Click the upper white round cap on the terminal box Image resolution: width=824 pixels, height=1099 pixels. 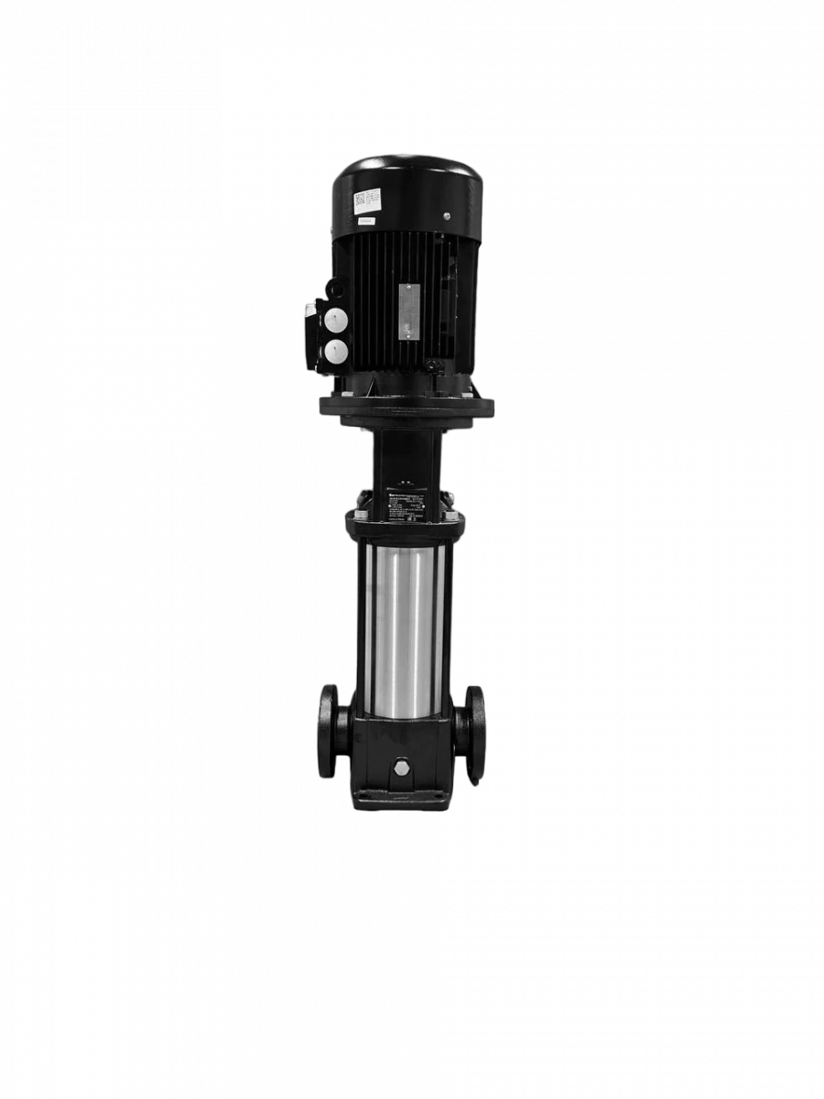point(338,320)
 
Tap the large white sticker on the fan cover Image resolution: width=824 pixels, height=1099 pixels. point(367,199)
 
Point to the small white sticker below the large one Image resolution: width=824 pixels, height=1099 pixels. point(365,221)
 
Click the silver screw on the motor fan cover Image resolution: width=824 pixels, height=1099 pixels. point(447,217)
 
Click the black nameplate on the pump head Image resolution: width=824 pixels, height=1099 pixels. point(404,505)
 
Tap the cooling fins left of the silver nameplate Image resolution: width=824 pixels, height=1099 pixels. point(371,302)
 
